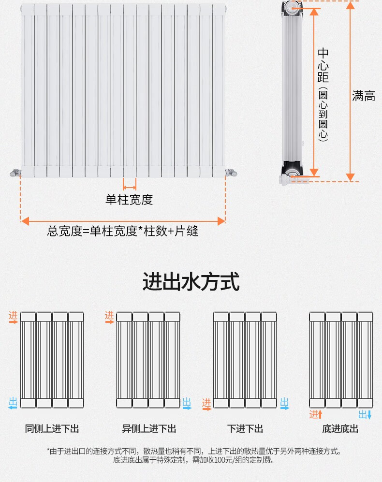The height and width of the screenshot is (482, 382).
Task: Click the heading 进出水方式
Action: pos(191,282)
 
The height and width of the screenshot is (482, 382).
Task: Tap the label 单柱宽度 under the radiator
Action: pos(129,200)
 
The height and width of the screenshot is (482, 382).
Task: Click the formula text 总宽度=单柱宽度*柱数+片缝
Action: pos(123,231)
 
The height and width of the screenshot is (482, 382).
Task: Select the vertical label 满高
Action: pos(364,96)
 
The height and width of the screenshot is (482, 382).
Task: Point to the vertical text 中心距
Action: pos(323,65)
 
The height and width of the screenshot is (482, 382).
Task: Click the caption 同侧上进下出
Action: pos(52,429)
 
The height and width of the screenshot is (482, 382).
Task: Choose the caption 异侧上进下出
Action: pos(149,429)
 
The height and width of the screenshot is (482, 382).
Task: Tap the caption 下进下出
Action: pos(245,429)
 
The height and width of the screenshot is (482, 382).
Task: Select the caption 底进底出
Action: pos(340,429)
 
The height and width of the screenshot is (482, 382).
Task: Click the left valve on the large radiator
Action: pos(15,172)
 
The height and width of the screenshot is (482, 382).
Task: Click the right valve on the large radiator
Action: pos(231,172)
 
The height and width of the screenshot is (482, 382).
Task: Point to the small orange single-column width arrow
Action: pos(130,187)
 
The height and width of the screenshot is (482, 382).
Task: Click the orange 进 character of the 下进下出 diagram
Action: pos(206,403)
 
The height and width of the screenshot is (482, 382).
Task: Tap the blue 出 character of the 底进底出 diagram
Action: pos(363,414)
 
